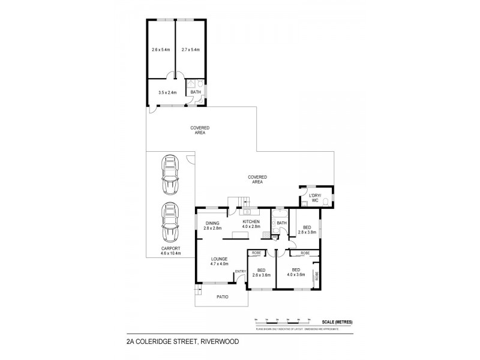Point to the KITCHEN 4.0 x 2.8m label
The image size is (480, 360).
[x=251, y=224]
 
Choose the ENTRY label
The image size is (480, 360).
[x=240, y=272]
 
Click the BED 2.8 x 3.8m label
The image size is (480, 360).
[x=307, y=230]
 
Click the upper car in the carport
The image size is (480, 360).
[x=170, y=173]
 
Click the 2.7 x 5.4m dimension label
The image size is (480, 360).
[x=190, y=50]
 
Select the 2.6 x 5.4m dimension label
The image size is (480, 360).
[x=161, y=50]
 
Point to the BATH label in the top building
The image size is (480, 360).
[x=196, y=92]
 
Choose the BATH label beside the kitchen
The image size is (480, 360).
[x=281, y=224]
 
